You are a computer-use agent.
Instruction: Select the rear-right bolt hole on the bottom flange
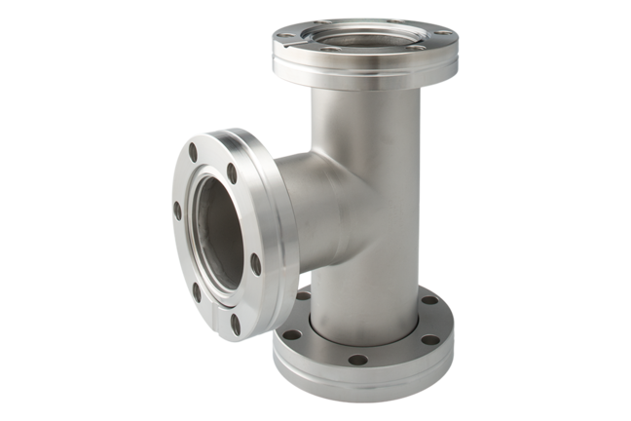tap(429, 301)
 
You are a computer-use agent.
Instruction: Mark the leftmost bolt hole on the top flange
tap(278, 43)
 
